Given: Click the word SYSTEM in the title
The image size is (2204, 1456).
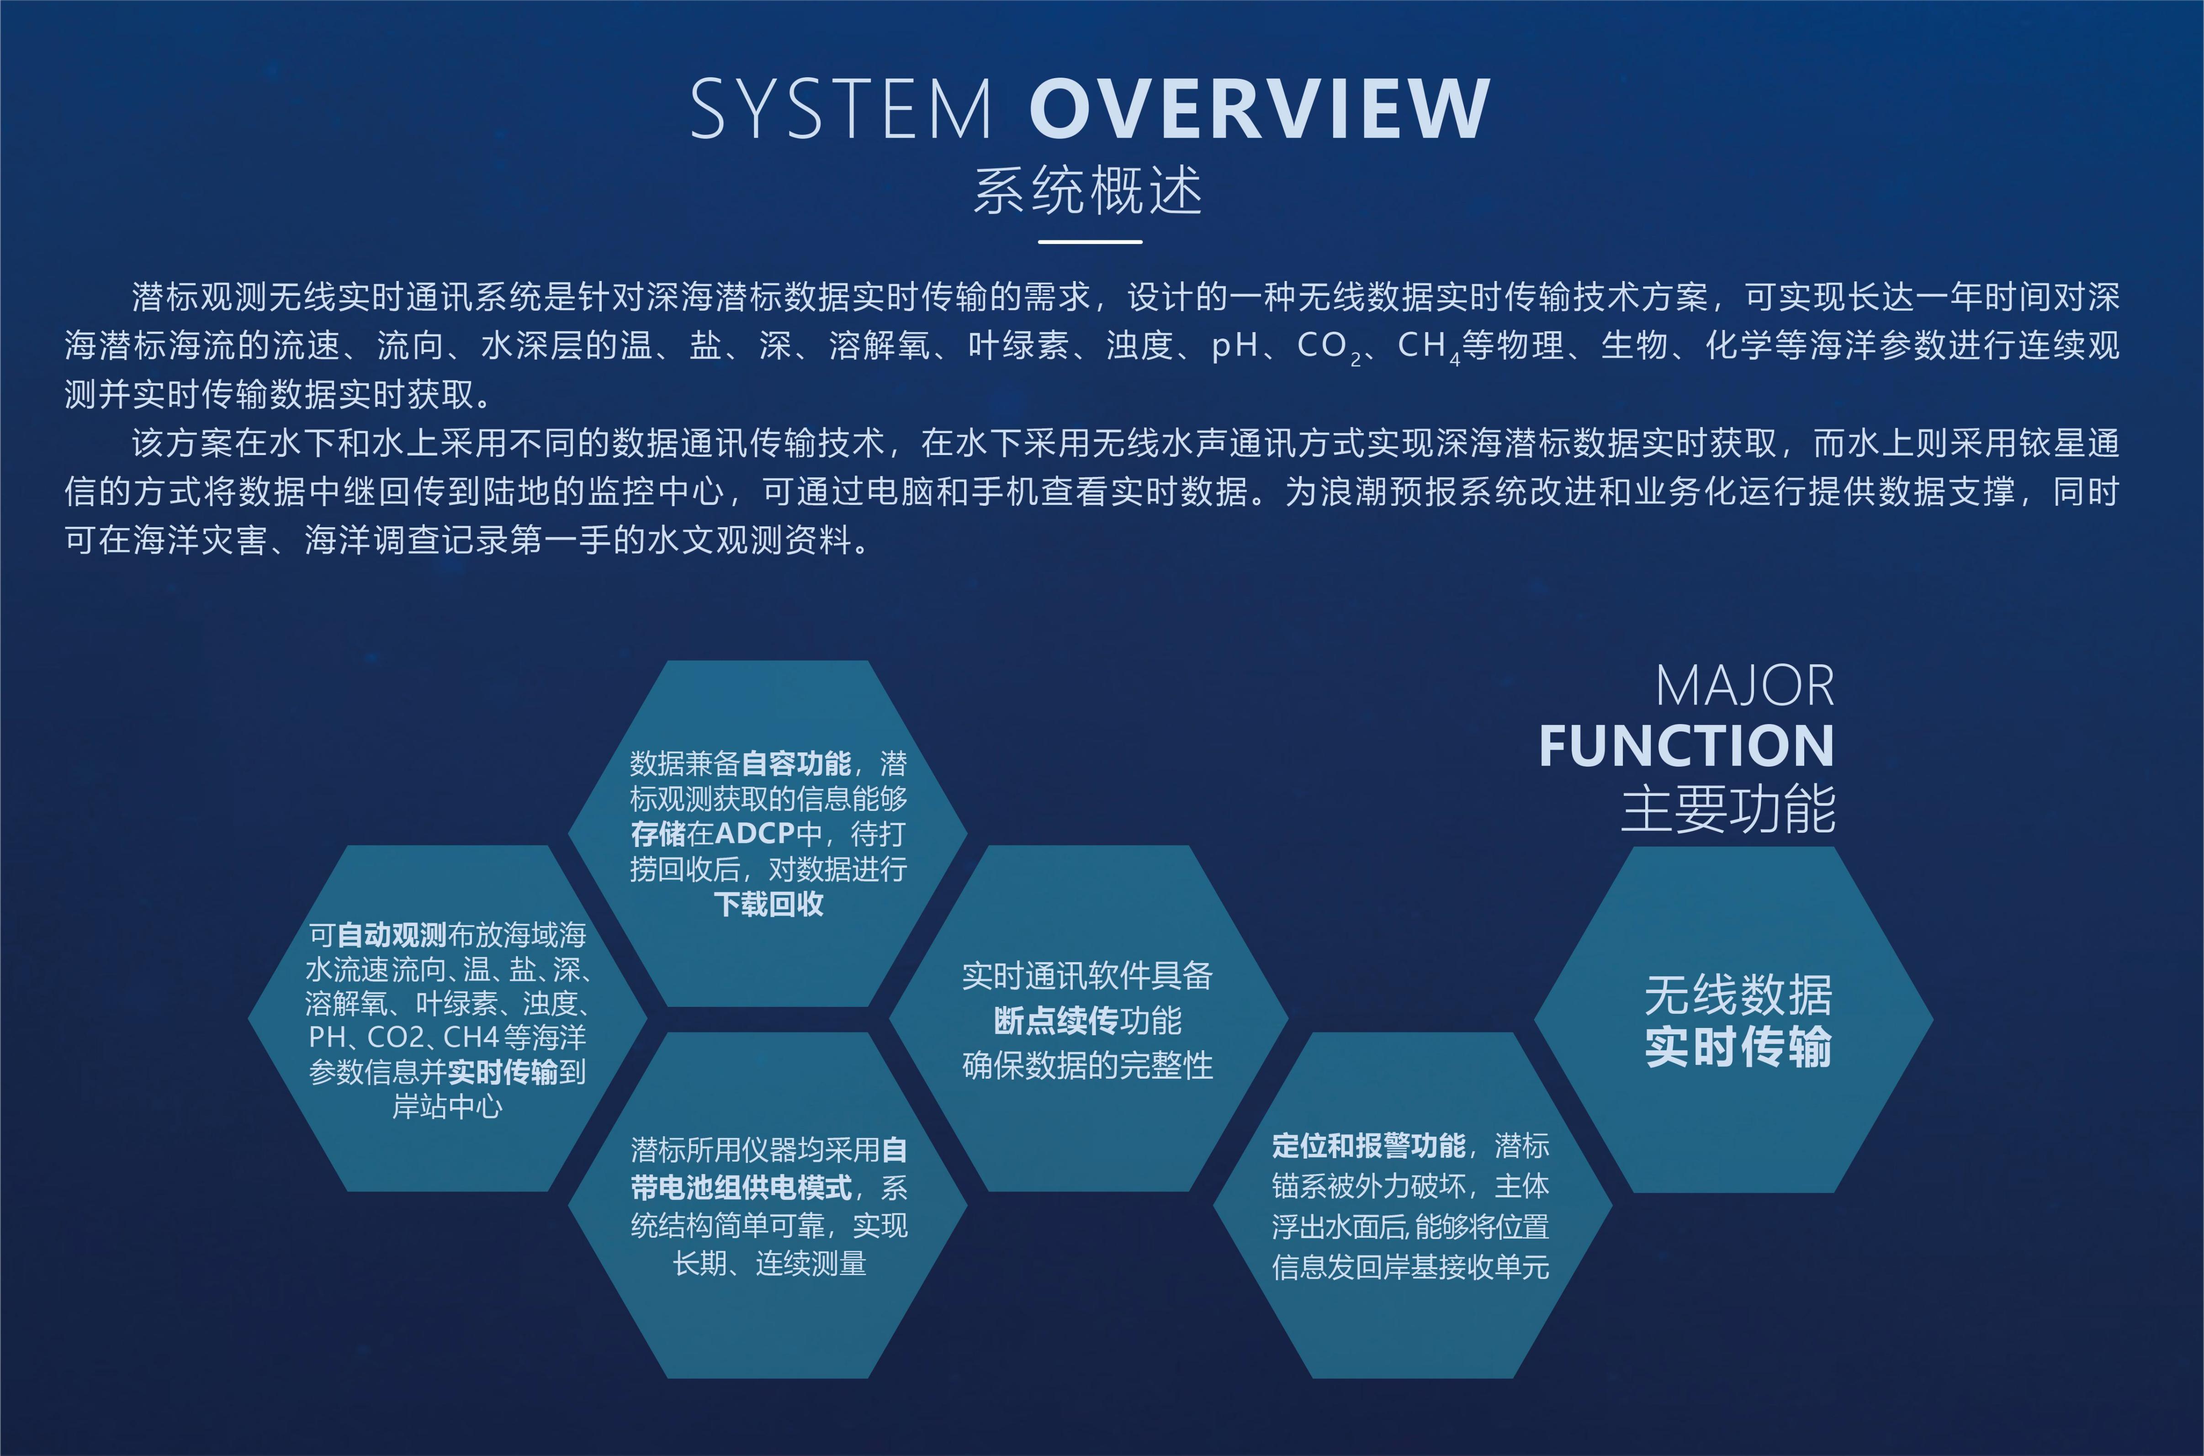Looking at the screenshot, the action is point(841,110).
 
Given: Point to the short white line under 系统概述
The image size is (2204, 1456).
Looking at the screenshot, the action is point(1090,241).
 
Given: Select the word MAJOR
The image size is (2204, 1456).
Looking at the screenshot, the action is point(1745,686).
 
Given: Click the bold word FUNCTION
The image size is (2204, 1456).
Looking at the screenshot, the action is point(1686,746).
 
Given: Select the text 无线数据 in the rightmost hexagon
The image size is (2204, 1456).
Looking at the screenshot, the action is point(1738,995).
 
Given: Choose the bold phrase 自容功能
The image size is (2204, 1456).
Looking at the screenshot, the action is point(795,763).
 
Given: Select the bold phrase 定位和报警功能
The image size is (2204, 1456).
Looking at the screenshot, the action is point(1368,1146).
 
